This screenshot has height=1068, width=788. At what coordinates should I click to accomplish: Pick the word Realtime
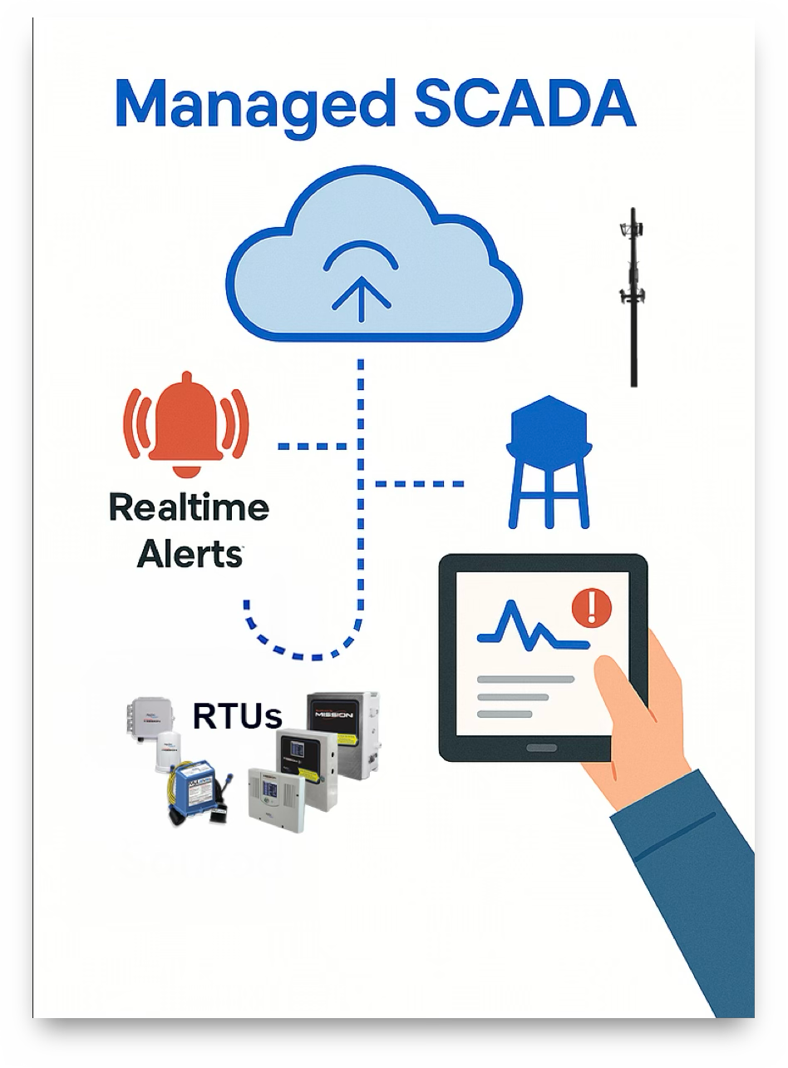pos(189,507)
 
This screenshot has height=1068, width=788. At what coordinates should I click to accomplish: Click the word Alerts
pos(189,553)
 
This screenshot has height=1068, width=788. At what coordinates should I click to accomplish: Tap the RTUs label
pos(237,714)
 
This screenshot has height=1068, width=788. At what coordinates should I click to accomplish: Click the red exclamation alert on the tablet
pos(591,606)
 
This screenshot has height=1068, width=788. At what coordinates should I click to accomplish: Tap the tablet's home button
pos(542,748)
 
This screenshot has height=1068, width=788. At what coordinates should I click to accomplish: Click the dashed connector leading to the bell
pos(311,446)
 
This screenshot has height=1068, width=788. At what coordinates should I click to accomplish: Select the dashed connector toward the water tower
pos(419,483)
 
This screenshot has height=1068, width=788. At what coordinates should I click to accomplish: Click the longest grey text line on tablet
pos(525,679)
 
